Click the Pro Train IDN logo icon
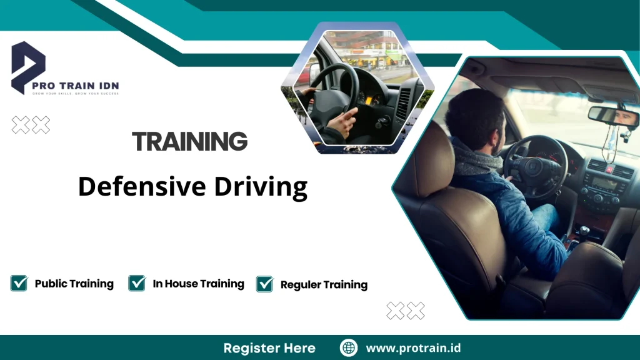click(x=28, y=67)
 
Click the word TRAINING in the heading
click(x=190, y=142)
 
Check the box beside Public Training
click(x=19, y=283)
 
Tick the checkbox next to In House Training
click(x=137, y=283)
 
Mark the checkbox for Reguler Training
click(x=264, y=284)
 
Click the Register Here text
click(x=269, y=348)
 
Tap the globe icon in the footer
click(x=349, y=348)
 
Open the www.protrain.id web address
click(x=413, y=348)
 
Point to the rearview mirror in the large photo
click(x=612, y=115)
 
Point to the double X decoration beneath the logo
click(x=31, y=126)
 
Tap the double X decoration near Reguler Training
click(x=406, y=311)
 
